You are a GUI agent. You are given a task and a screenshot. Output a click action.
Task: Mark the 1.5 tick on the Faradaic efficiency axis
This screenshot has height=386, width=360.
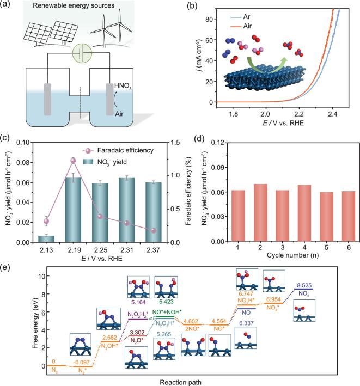point(172,143)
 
